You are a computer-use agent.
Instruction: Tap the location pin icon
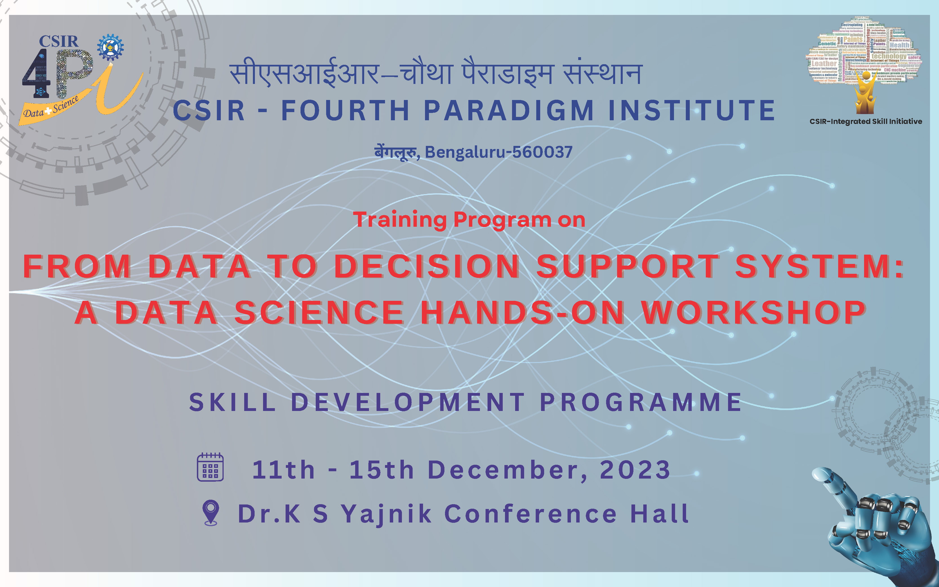tap(211, 512)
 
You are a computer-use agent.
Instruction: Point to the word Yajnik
tap(386, 514)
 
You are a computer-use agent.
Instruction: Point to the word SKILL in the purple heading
tap(232, 402)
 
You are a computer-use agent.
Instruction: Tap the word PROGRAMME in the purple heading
tap(640, 402)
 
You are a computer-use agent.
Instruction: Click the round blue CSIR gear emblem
tap(110, 47)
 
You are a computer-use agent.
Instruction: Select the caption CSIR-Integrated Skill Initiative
tap(866, 121)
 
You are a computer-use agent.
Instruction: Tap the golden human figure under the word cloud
tap(866, 93)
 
